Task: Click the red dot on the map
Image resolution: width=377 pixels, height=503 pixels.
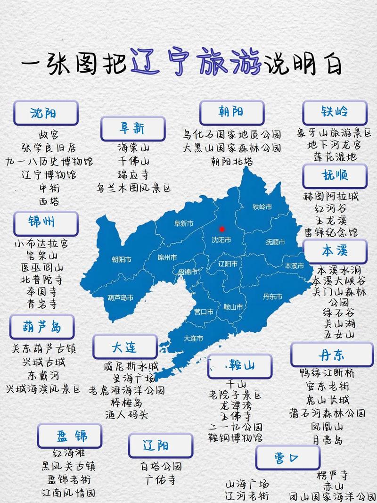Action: [x=222, y=229]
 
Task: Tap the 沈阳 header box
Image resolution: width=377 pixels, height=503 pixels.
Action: [x=46, y=113]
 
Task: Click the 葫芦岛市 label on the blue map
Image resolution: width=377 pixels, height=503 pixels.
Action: [x=121, y=297]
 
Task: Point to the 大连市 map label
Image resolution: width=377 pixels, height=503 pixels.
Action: [x=193, y=338]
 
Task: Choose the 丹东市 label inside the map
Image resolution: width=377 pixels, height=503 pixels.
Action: [x=272, y=297]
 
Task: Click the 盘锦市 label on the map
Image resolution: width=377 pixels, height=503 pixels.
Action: [x=188, y=272]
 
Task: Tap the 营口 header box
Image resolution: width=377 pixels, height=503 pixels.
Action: [x=287, y=458]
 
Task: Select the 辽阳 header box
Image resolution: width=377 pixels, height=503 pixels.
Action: [x=160, y=445]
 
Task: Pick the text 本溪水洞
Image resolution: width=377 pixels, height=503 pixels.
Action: [x=338, y=271]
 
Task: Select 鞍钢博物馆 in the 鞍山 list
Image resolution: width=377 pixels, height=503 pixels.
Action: [x=235, y=438]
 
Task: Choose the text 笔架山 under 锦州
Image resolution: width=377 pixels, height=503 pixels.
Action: [x=42, y=256]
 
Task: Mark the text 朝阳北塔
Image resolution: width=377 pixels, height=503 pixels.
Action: [x=232, y=161]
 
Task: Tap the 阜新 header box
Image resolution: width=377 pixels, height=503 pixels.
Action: [x=132, y=128]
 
